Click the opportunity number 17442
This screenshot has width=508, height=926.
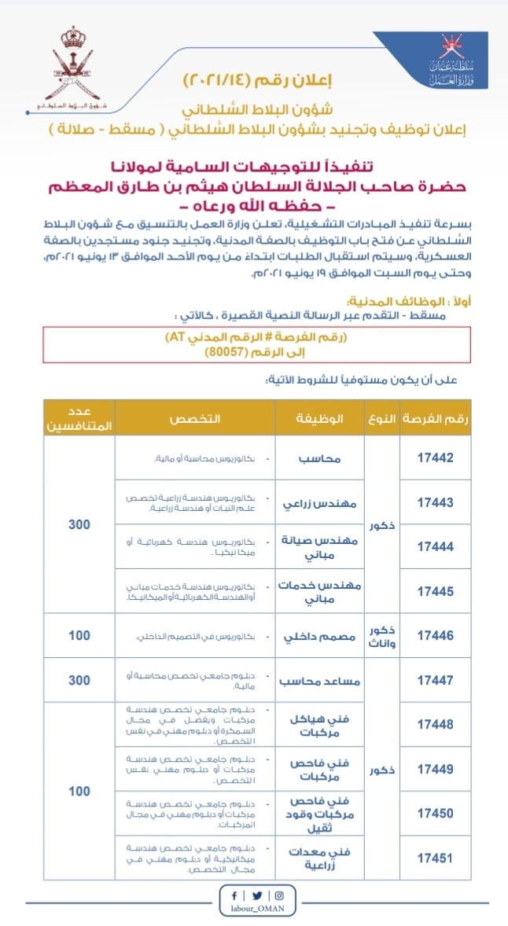pos(435,457)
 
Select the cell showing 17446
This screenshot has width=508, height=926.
pos(435,636)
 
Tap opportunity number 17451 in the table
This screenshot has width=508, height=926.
pos(435,858)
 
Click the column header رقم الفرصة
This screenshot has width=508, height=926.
pos(435,417)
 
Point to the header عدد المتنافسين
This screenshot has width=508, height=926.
pos(79,417)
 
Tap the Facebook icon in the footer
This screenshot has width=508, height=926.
pos(234,896)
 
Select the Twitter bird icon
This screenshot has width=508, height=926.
pos(256,896)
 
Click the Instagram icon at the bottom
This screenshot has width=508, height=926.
pos(278,896)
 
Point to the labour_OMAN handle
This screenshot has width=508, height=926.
pos(256,910)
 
